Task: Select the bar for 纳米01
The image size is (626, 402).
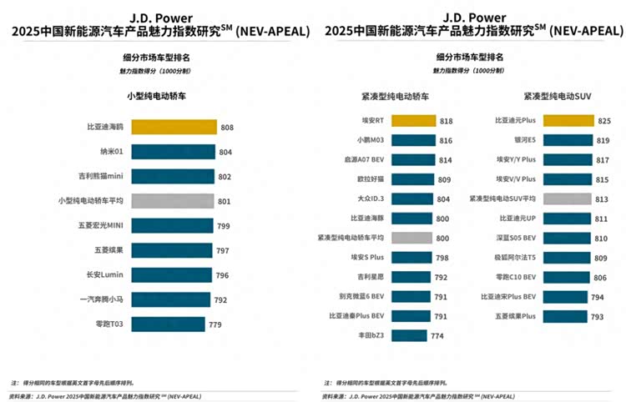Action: (x=172, y=152)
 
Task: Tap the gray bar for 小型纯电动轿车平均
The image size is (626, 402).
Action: (x=170, y=201)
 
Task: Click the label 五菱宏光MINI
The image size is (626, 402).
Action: (x=102, y=226)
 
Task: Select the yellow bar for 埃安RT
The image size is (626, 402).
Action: (x=413, y=121)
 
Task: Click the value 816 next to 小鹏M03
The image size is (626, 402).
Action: (x=444, y=141)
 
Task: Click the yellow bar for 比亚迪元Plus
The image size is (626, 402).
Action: (x=568, y=121)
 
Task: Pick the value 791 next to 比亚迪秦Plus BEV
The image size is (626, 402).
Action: (x=442, y=316)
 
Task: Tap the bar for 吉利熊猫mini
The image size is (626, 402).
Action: (x=171, y=177)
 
